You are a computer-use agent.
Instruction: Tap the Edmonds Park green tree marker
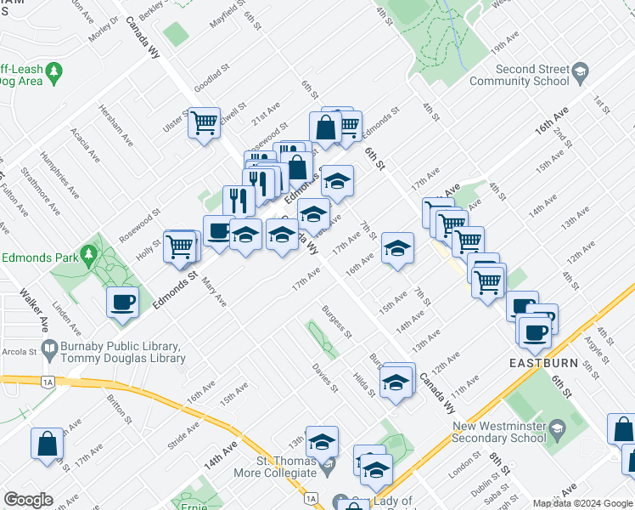(x=88, y=255)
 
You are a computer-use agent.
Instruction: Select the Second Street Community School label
(x=519, y=75)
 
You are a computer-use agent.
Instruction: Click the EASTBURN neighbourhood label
(x=545, y=363)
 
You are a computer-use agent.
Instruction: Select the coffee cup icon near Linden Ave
(x=123, y=302)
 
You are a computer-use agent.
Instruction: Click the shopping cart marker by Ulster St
(x=204, y=124)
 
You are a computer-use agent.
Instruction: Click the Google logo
(x=28, y=500)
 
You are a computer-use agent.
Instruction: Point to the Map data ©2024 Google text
(x=582, y=503)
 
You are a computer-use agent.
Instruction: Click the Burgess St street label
(x=337, y=320)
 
